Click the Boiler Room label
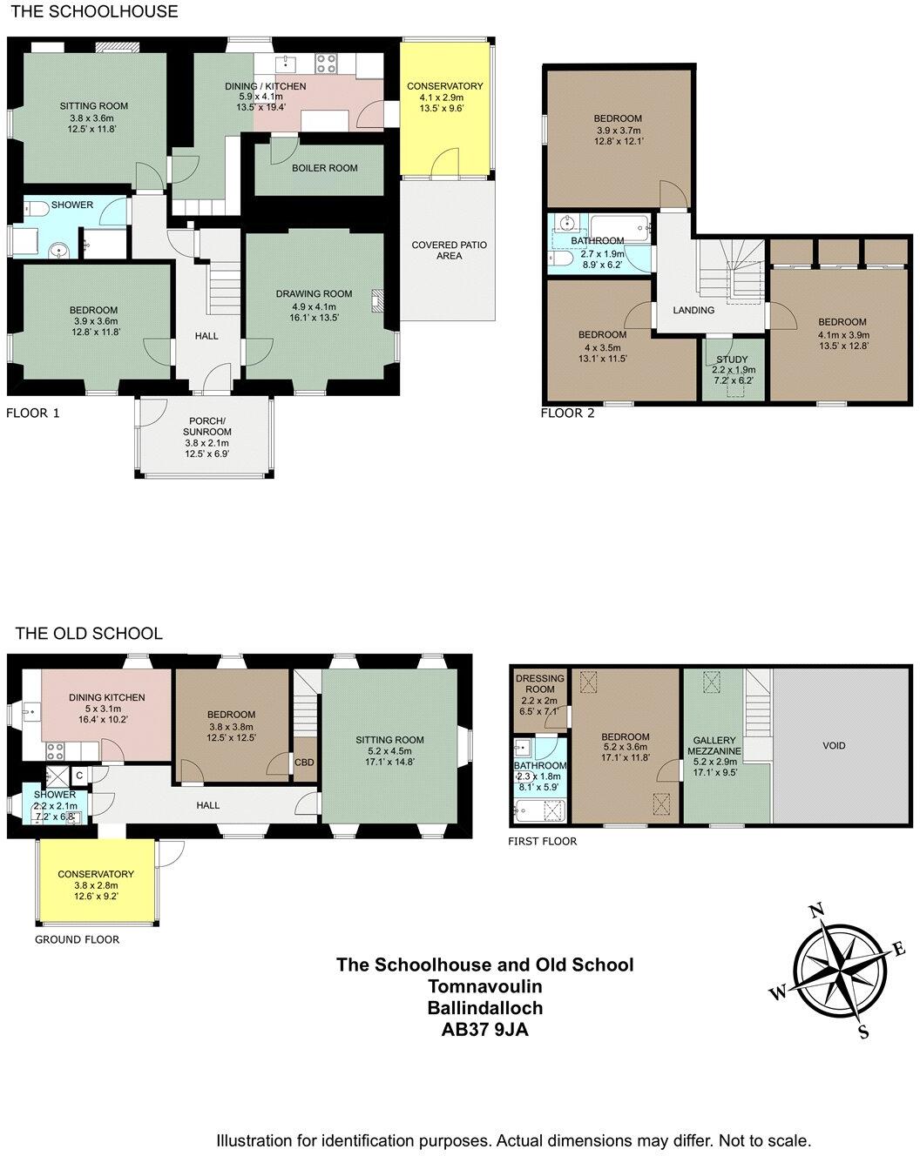[x=324, y=168]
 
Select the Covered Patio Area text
[x=449, y=251]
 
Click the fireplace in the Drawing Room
[x=377, y=300]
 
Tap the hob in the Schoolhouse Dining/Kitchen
[x=327, y=63]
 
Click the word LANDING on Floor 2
[x=693, y=310]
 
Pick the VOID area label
[x=834, y=745]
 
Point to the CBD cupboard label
[x=304, y=763]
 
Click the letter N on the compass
[x=816, y=912]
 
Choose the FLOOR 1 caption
[x=33, y=413]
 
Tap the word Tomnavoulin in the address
[x=485, y=986]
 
